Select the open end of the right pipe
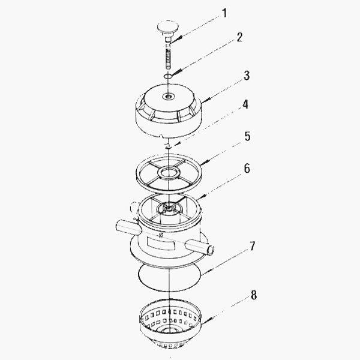tap(210, 248)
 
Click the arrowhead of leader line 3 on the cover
tap(202, 102)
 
